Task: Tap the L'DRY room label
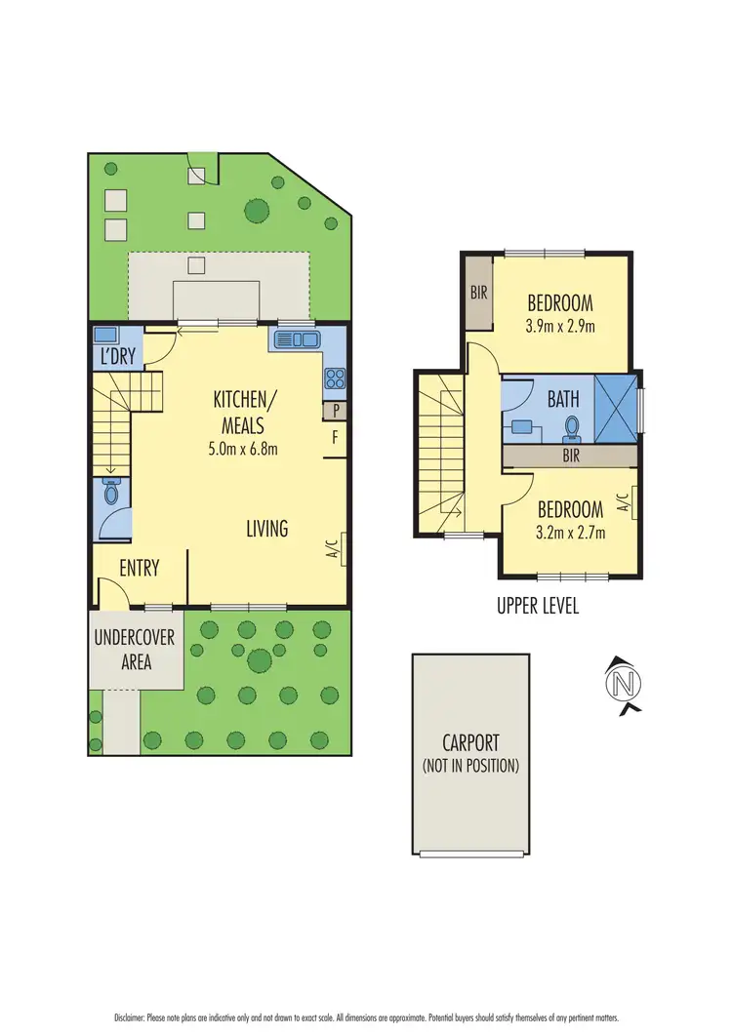117,356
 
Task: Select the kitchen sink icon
296,340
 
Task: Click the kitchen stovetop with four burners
334,378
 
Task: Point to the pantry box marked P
335,411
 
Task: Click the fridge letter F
335,438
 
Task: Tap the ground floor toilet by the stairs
111,495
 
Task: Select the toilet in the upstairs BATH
573,426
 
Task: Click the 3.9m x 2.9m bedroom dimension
560,325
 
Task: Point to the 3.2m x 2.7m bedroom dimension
571,532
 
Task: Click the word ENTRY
139,568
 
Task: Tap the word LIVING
266,529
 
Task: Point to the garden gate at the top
202,171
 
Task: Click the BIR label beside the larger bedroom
479,291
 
